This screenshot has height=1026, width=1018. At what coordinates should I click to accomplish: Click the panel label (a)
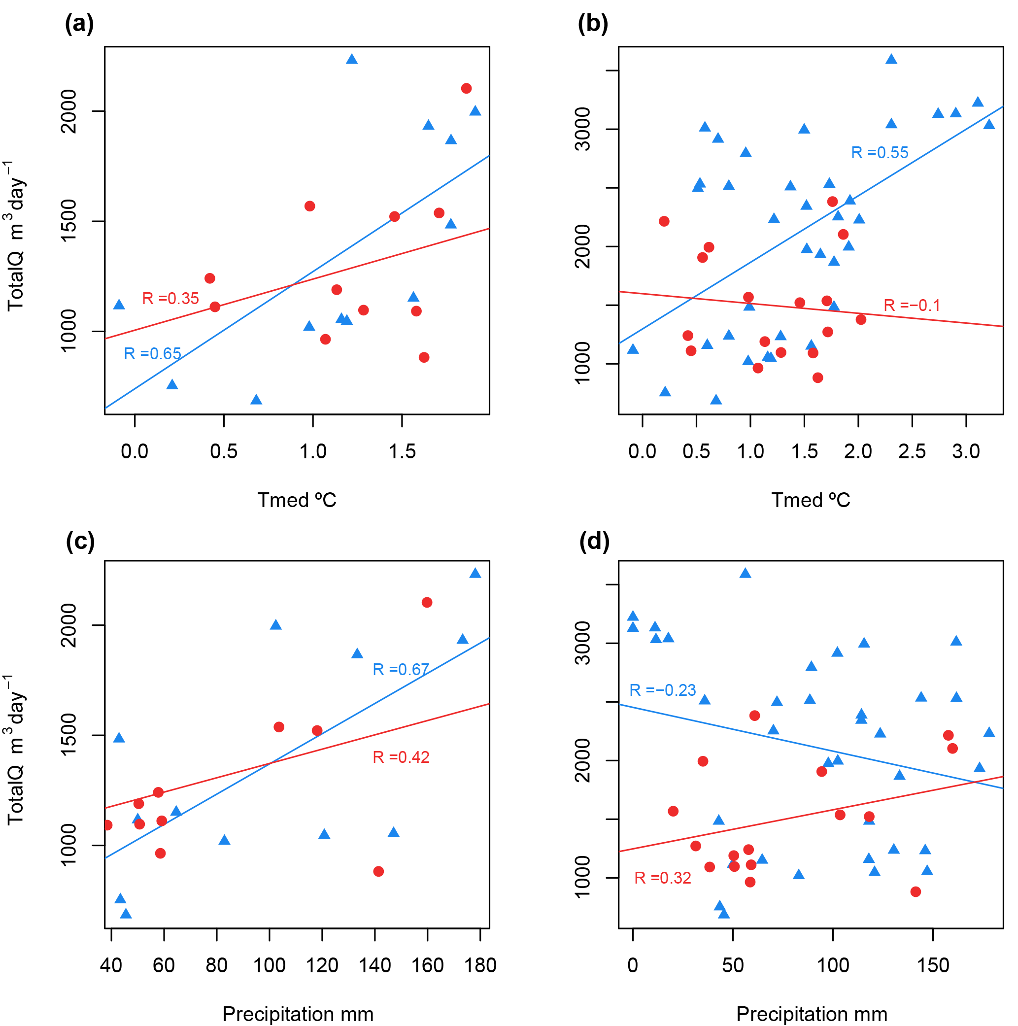click(79, 25)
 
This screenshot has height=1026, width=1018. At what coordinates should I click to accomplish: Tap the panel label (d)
click(594, 542)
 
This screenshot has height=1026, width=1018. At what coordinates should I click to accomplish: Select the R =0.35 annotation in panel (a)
click(170, 299)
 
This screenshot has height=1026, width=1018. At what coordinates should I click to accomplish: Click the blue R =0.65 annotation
click(152, 354)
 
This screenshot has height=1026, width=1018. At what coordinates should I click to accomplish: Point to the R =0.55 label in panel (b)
click(880, 153)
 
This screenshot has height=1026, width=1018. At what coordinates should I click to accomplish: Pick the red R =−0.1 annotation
click(911, 306)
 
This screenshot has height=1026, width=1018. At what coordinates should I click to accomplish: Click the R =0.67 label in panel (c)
click(401, 670)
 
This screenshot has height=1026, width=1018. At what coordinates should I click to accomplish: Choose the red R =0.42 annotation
click(401, 757)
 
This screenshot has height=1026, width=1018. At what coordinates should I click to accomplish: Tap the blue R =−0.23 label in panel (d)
click(662, 690)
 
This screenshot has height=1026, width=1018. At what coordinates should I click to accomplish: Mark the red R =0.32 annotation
click(663, 878)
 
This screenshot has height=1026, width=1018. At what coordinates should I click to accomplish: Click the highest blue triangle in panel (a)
click(351, 59)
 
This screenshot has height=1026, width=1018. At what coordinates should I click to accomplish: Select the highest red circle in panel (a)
click(466, 88)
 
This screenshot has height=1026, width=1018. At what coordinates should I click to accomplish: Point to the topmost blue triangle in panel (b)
click(891, 59)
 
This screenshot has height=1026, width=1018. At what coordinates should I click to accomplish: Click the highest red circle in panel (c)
click(427, 602)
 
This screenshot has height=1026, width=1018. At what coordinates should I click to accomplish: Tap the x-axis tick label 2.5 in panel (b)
click(912, 452)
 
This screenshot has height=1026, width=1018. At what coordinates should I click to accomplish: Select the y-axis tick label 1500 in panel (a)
click(69, 221)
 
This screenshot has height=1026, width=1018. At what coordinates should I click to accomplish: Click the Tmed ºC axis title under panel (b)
click(811, 500)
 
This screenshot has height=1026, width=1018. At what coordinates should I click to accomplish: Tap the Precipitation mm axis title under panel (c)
click(298, 1014)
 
